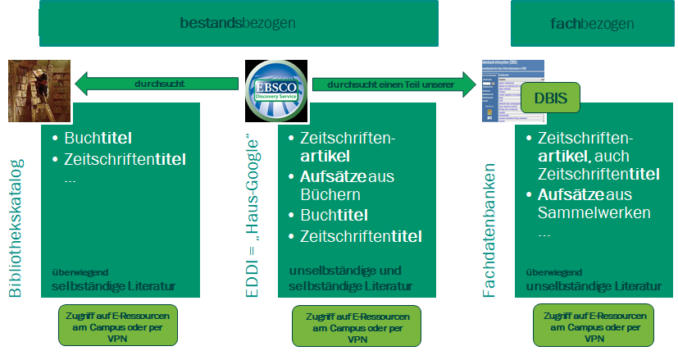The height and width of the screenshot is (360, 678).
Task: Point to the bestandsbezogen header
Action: click(239, 24)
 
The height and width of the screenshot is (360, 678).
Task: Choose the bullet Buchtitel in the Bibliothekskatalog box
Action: click(98, 138)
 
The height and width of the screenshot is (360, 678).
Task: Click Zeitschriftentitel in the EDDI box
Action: click(361, 237)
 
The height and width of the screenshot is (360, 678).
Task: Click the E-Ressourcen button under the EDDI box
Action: click(356, 326)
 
